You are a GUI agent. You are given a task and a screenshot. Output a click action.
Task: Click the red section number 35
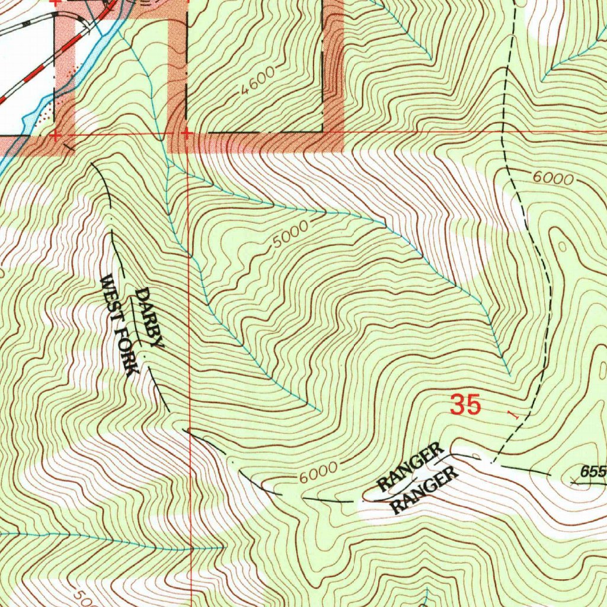pos(465,405)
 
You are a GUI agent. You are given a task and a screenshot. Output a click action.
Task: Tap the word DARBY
pos(149,317)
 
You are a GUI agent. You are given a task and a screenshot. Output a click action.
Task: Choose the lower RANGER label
pos(425,490)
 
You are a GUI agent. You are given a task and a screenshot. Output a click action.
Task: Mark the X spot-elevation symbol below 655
pos(574,483)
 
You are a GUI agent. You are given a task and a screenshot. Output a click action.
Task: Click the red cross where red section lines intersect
pos(186,133)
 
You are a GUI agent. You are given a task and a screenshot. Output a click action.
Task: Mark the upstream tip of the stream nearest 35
pos(510,375)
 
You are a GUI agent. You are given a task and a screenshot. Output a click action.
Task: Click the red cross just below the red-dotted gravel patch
pos(55,136)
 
